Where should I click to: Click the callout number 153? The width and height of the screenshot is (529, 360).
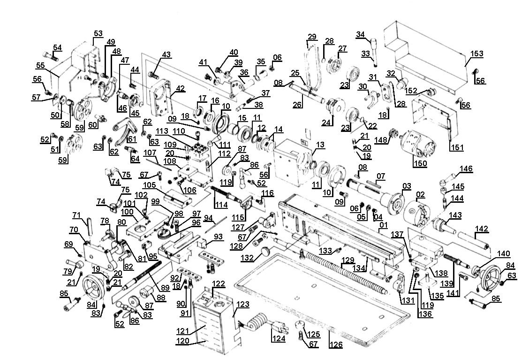point(476,54)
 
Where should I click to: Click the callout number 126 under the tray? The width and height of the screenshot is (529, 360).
point(336,345)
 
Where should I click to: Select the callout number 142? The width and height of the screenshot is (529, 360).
point(482,229)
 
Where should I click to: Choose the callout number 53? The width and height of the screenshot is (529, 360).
point(98,33)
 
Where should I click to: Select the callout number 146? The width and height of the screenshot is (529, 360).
point(466,169)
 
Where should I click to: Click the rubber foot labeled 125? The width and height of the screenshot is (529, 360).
point(299,325)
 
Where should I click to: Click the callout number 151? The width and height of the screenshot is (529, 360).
point(457,147)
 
